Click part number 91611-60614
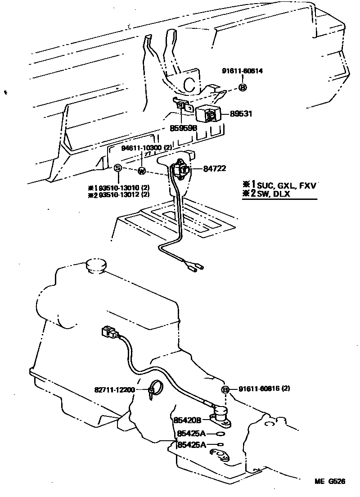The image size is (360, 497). (242, 71)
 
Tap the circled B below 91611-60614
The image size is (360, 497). (242, 87)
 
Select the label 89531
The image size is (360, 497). (241, 114)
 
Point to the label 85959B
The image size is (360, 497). (183, 128)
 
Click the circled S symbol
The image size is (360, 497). (117, 168)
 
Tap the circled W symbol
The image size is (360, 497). (141, 171)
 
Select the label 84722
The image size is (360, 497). (214, 169)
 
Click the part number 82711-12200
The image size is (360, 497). (115, 390)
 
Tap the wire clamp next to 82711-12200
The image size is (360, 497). (154, 388)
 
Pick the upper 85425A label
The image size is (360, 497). (192, 434)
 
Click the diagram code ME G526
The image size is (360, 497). (329, 481)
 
